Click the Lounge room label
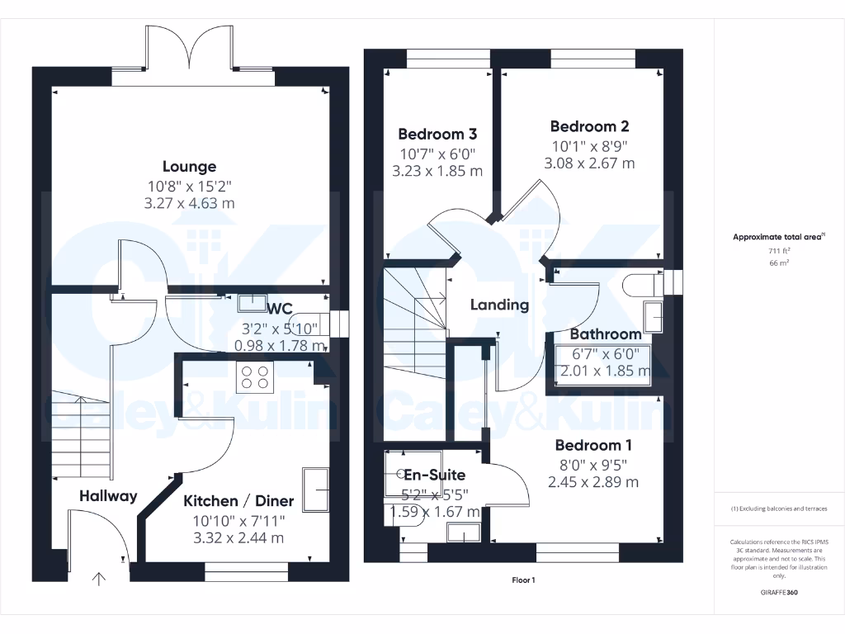[x=189, y=167]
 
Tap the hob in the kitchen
[x=254, y=377]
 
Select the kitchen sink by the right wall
[x=316, y=489]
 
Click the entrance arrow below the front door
[x=99, y=580]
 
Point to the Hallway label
[x=108, y=496]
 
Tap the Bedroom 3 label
[x=437, y=134]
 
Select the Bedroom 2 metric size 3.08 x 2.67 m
[x=589, y=163]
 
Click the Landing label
[x=499, y=305]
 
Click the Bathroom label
[x=606, y=334]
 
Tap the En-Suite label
[x=434, y=475]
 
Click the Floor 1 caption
[x=523, y=580]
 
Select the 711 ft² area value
[x=779, y=250]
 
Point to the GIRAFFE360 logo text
[x=779, y=593]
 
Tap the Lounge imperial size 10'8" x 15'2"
[x=189, y=186]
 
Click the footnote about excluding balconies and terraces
[x=779, y=509]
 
